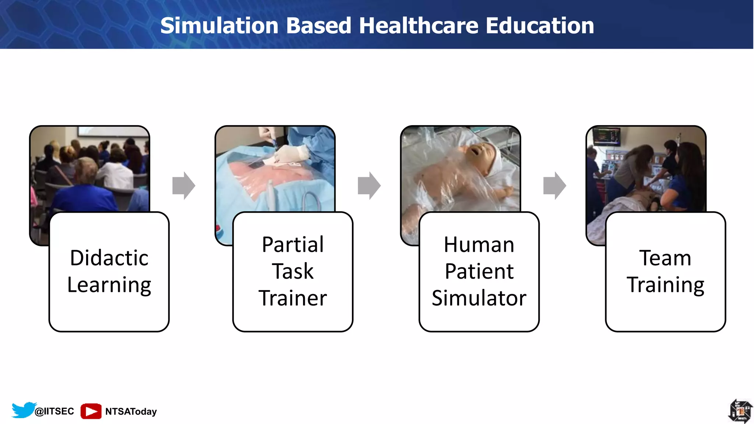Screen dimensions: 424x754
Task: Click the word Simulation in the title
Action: [219, 26]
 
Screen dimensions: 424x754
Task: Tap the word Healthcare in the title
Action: [419, 26]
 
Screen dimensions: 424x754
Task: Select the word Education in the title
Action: [540, 26]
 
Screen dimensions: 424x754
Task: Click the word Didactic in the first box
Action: [109, 258]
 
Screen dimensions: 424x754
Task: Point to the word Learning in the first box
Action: [109, 285]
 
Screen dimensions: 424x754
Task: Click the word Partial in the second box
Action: [293, 244]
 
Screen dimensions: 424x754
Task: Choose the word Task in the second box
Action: [293, 271]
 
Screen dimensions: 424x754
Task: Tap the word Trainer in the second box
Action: [293, 298]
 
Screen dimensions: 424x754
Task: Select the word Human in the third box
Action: [479, 245]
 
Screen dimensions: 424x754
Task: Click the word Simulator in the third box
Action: [479, 298]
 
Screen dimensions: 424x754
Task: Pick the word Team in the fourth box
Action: [665, 258]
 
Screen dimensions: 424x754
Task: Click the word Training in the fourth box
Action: [665, 285]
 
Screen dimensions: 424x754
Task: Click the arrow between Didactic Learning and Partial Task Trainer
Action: [184, 185]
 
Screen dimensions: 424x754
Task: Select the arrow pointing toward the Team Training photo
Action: [554, 185]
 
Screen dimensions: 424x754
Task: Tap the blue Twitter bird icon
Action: [24, 410]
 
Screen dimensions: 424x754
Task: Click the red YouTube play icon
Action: [91, 411]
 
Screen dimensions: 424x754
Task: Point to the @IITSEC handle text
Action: [54, 411]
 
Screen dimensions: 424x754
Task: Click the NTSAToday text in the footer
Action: [131, 411]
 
